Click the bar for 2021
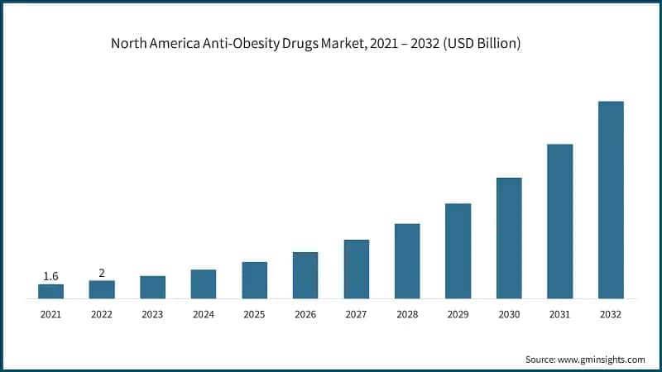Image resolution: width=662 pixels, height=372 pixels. [x=50, y=291]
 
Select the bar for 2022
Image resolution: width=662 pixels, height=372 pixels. [x=102, y=289]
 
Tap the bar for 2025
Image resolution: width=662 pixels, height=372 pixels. [x=254, y=280]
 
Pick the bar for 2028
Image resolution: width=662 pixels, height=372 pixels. [x=407, y=260]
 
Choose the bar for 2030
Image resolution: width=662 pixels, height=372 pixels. [x=509, y=238]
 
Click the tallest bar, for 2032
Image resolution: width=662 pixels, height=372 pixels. [x=611, y=200]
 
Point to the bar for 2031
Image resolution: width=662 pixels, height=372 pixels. [x=560, y=222]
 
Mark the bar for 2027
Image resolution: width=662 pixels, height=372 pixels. [x=356, y=269]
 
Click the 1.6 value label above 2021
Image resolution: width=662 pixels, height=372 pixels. [x=50, y=276]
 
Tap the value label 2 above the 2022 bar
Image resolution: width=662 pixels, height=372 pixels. [x=102, y=273]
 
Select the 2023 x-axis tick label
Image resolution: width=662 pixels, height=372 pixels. [x=152, y=315]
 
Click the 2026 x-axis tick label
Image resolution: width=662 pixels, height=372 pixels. [x=305, y=315]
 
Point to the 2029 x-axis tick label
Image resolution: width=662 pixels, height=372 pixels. [x=458, y=315]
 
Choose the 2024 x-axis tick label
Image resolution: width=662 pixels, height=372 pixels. [x=204, y=315]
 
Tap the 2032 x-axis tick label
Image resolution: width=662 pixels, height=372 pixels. [x=611, y=315]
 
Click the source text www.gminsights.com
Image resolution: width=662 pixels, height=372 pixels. [x=602, y=360]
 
